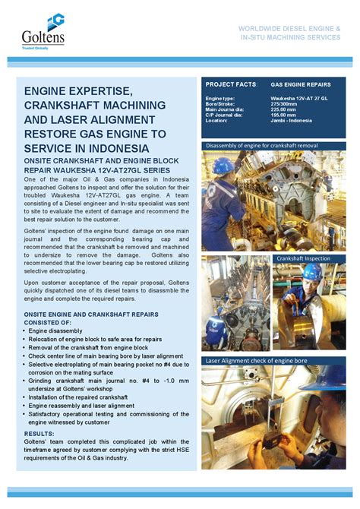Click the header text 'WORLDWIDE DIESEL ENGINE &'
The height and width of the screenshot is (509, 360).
pyautogui.click(x=291, y=27)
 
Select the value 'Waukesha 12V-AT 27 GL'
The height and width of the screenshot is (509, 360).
pyautogui.click(x=303, y=99)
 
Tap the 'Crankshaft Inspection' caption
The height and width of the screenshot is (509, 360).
pyautogui.click(x=303, y=258)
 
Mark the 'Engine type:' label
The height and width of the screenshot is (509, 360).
pyautogui.click(x=220, y=99)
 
